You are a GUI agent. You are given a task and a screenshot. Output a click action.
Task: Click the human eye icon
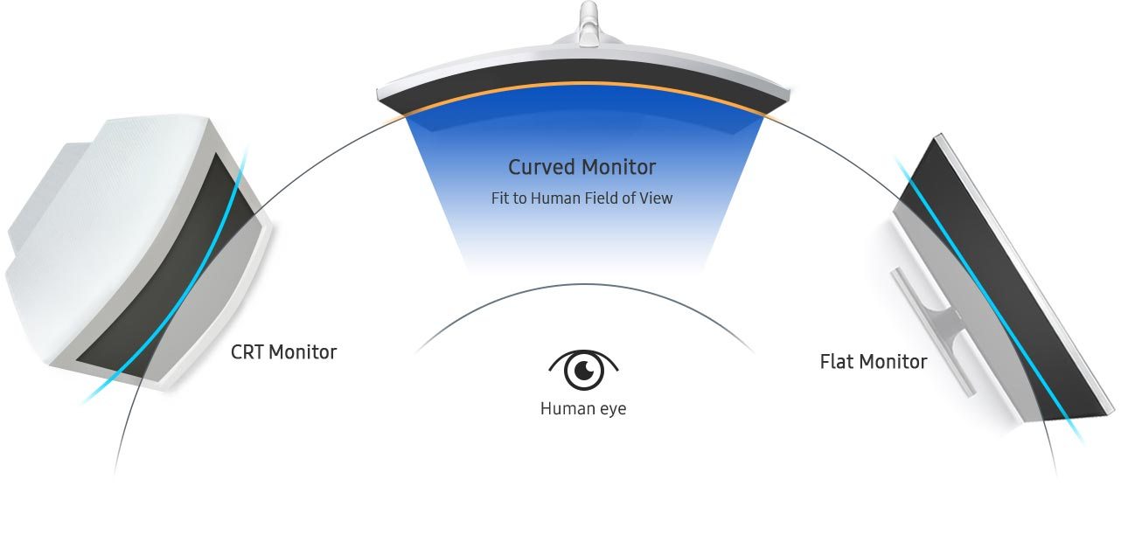click(583, 370)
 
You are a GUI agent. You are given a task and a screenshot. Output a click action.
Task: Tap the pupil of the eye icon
click(583, 372)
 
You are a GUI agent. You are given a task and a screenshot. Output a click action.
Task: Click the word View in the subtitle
click(656, 198)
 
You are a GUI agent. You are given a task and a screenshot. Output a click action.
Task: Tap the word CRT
click(247, 352)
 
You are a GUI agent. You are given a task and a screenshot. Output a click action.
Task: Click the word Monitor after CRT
click(303, 352)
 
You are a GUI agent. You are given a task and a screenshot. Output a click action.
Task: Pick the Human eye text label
click(583, 408)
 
